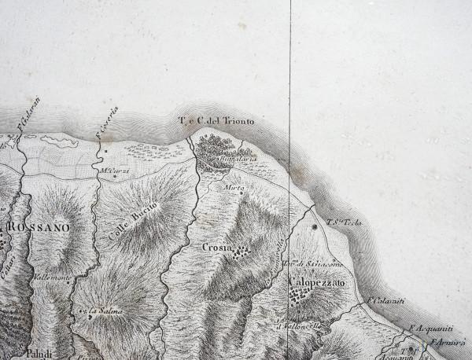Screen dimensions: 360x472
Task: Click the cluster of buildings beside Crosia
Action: pos(242,252)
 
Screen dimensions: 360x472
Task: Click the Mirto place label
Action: pos(234,189)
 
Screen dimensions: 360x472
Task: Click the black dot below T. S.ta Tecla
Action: pos(315,227)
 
